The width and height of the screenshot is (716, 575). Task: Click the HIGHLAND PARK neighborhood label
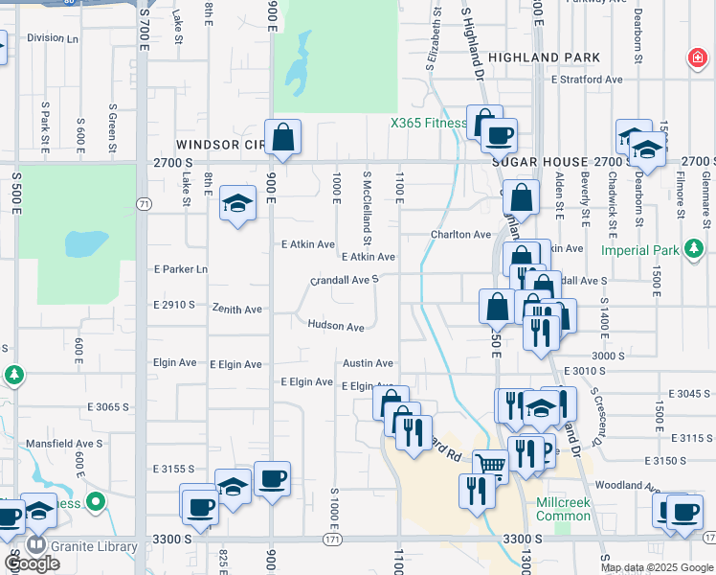544,57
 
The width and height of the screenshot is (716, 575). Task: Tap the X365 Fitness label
428,123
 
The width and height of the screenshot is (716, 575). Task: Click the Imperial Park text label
639,251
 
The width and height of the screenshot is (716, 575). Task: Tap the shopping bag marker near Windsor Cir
283,137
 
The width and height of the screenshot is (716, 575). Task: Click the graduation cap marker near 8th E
237,203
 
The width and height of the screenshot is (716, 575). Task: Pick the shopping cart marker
490,466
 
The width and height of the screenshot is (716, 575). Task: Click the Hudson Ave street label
336,327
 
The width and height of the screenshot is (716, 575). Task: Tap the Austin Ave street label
369,363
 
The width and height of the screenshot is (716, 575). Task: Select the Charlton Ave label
460,234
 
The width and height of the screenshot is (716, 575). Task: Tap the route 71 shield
143,204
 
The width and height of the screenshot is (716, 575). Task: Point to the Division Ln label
53,38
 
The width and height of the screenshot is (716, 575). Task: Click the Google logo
32,563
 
